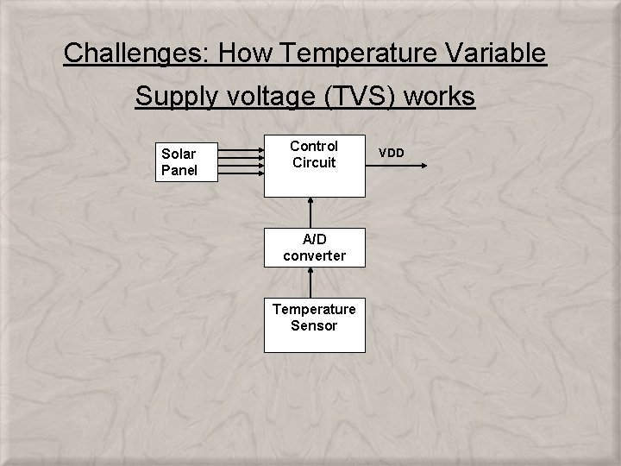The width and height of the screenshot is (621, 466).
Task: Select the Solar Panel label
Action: click(179, 162)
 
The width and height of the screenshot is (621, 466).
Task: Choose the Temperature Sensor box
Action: click(314, 317)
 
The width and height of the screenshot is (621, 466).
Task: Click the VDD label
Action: click(392, 153)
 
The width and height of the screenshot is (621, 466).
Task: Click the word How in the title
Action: click(242, 54)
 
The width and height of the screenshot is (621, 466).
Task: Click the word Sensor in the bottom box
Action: click(314, 325)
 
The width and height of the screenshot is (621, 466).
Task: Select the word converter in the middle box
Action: click(314, 255)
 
